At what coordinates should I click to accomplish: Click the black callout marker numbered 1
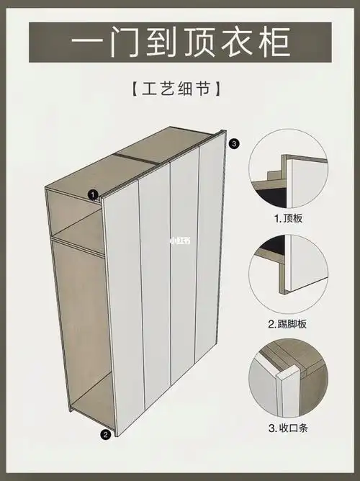[93, 194]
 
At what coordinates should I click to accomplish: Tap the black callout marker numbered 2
[105, 433]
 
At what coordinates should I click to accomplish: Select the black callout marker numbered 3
[233, 143]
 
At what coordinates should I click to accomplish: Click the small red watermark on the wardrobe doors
[179, 241]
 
